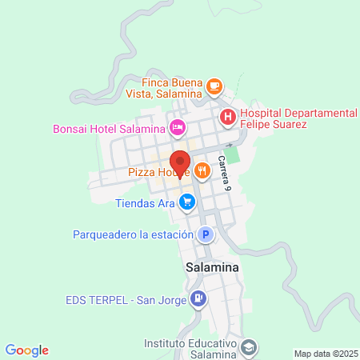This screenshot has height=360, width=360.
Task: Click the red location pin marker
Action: click(180, 162)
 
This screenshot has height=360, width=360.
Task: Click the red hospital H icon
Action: click(228, 117)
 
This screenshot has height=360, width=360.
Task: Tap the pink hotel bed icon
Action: click(178, 127)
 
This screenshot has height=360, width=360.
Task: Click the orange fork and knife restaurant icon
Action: click(201, 170)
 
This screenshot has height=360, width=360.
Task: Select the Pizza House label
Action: click(158, 171)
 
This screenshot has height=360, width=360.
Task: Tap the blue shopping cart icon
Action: click(186, 202)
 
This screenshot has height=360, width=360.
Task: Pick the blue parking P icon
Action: click(206, 234)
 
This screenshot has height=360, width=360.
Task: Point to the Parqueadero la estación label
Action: click(133, 234)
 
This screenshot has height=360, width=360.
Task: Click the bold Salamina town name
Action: click(212, 268)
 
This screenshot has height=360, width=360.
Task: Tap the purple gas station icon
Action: click(198, 301)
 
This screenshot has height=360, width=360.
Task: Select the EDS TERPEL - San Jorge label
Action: click(126, 301)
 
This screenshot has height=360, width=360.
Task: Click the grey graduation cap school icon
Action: click(250, 347)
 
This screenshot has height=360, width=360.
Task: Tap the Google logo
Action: click(27, 350)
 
